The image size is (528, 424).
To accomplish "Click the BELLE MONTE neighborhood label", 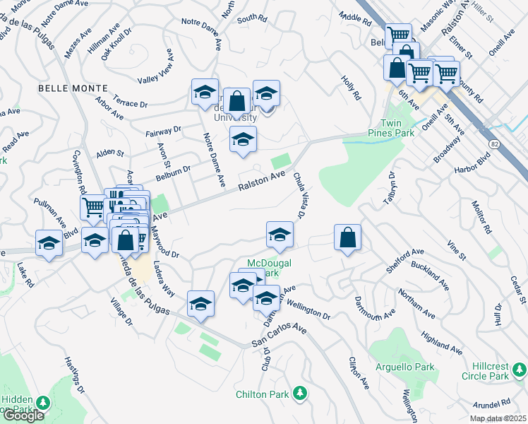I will coord(74,88).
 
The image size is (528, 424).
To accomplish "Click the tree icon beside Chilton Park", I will coord(300,392).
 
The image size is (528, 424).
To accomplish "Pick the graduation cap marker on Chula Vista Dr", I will coord(280,235).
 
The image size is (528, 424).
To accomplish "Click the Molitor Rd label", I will coord(481,216).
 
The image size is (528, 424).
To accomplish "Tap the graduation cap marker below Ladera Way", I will coord(201,304).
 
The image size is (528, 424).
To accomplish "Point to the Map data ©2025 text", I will coord(498,418).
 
